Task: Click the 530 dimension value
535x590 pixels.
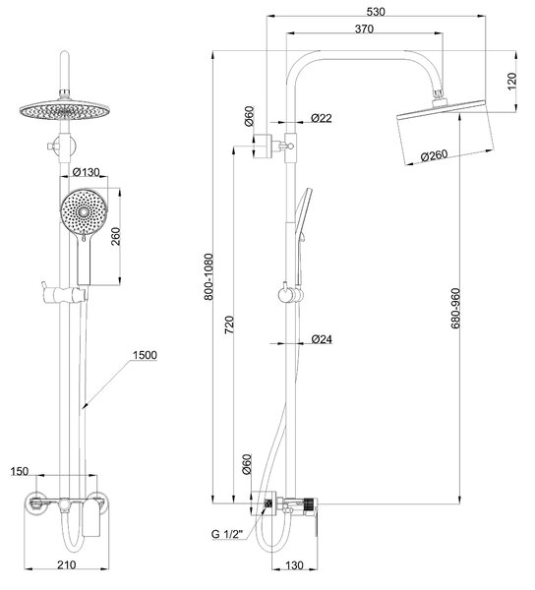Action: [x=376, y=11]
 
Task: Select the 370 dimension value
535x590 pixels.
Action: [x=364, y=29]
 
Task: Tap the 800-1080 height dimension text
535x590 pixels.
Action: [x=208, y=277]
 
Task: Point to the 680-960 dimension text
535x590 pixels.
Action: [x=455, y=308]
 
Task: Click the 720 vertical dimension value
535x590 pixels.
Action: [x=229, y=325]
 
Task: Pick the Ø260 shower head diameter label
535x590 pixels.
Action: [x=434, y=155]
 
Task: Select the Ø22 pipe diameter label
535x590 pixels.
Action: [x=322, y=118]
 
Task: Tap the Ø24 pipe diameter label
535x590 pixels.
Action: [x=322, y=339]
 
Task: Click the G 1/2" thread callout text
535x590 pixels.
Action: [x=227, y=534]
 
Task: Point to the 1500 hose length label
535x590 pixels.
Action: [x=145, y=355]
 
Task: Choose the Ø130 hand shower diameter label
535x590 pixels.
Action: [x=87, y=172]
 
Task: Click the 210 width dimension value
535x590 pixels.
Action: [x=67, y=564]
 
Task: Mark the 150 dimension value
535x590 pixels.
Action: [x=20, y=471]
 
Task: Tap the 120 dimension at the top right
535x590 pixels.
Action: [x=512, y=81]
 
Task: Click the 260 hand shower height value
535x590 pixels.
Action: [x=115, y=236]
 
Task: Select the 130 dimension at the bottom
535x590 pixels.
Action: [x=294, y=565]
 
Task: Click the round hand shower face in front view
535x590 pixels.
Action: [x=84, y=211]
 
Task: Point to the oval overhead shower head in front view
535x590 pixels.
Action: [x=64, y=110]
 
